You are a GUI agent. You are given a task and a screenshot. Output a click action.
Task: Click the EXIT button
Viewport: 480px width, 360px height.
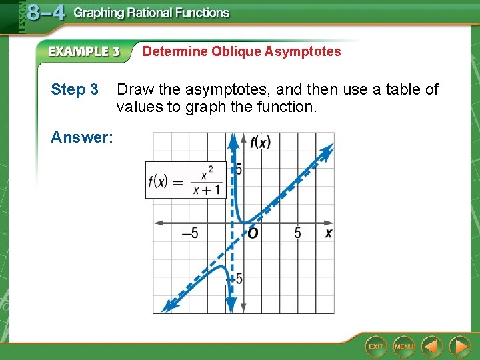377,346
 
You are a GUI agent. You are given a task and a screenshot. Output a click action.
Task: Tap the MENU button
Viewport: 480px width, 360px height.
404,346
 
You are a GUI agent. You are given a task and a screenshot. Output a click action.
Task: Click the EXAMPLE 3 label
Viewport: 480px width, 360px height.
83,51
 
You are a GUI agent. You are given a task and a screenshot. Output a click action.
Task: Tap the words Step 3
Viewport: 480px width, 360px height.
75,89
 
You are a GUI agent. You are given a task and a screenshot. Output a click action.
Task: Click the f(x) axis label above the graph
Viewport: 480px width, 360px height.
259,141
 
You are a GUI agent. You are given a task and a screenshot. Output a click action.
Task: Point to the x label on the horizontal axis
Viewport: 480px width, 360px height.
328,233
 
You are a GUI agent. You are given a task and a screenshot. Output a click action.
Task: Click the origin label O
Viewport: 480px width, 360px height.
253,233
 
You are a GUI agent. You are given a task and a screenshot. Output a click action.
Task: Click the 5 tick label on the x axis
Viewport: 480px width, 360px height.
297,233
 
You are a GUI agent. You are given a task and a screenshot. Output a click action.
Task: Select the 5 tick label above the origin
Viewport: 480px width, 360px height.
239,169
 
